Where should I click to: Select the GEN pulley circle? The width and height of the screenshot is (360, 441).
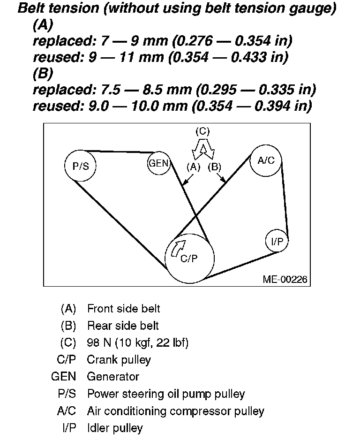(x=158, y=164)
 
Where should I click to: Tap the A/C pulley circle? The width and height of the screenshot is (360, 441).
(x=266, y=161)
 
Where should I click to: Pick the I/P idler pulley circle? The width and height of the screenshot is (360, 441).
(x=277, y=241)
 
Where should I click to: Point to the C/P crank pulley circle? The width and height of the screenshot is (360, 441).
(x=190, y=259)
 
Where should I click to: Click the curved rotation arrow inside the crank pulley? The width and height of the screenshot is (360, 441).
(x=179, y=248)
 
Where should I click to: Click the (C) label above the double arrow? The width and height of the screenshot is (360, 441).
(x=202, y=131)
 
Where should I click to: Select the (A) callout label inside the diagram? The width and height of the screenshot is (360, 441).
(x=193, y=167)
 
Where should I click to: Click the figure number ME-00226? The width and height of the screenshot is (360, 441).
(x=285, y=280)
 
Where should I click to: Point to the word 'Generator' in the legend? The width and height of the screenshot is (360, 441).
(x=113, y=377)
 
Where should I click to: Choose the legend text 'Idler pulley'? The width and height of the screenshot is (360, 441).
(x=115, y=428)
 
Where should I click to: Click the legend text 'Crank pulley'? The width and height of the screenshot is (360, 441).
(x=119, y=360)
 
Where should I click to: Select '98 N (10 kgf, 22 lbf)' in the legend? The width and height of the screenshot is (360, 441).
(x=138, y=343)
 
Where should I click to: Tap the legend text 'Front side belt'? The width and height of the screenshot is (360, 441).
(x=124, y=309)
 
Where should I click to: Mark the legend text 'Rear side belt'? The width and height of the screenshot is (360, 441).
(x=123, y=326)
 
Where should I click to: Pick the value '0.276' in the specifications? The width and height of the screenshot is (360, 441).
(x=195, y=41)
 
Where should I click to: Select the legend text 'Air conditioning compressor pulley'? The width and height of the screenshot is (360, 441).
(x=176, y=411)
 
